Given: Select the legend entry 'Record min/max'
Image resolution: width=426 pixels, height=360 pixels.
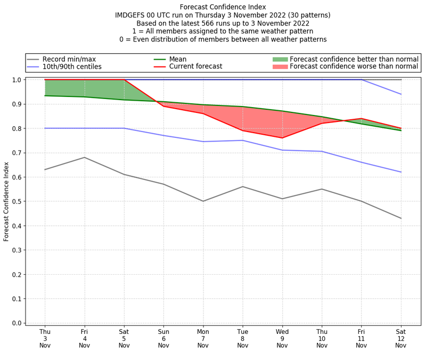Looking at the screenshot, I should tap(69, 59).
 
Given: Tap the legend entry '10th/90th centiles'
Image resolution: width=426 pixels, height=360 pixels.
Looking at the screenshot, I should tap(72, 67).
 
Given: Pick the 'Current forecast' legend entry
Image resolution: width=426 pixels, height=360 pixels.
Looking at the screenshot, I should tap(195, 67).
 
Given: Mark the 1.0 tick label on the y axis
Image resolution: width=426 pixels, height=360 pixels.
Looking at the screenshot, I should tap(16, 80).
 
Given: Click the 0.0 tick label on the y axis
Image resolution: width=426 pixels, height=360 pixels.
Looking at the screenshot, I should tap(16, 323).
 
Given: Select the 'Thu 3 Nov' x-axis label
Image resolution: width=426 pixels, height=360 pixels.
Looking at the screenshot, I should tap(45, 338).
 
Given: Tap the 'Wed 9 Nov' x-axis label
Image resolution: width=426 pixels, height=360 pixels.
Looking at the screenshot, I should tap(282, 338).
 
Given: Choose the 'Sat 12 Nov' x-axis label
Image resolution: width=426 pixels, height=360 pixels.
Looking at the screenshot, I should tap(401, 338).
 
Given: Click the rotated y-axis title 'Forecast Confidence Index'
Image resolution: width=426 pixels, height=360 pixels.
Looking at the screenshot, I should tap(7, 202).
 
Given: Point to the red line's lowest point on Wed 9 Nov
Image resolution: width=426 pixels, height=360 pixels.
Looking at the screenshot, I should tap(282, 138).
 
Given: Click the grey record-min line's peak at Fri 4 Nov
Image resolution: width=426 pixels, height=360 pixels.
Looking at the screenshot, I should tap(85, 157).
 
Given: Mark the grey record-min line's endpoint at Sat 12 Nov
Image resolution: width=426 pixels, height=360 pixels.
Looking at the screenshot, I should tap(401, 218).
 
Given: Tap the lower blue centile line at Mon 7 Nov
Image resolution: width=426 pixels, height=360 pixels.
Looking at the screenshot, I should tap(203, 142).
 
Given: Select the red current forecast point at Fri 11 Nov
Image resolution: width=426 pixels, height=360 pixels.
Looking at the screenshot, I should tap(362, 119).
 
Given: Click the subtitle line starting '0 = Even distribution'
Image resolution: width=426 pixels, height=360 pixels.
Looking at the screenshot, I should tap(223, 39).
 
